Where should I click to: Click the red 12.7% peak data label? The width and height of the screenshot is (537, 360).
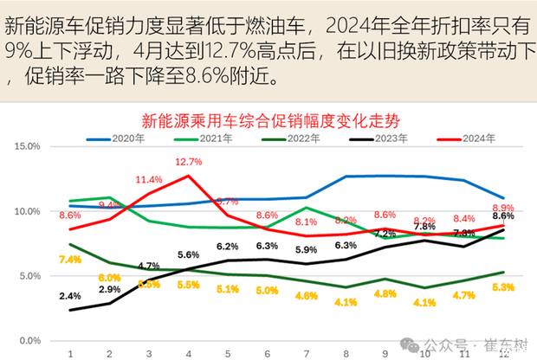click(188, 162)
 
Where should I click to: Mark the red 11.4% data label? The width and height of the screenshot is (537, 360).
click(149, 180)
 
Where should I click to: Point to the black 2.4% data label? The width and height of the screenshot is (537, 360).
click(70, 296)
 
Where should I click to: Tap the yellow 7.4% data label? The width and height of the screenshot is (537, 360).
click(70, 259)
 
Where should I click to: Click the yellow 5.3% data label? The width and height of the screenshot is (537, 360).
click(503, 287)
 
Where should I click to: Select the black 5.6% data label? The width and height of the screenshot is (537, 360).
click(188, 255)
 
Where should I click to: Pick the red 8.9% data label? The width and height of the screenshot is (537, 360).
click(503, 208)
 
